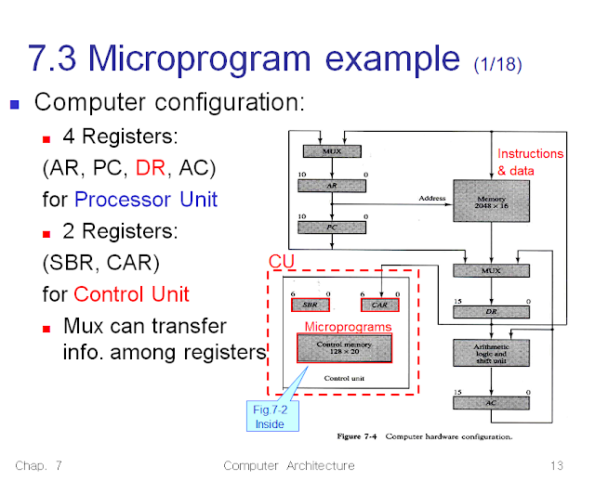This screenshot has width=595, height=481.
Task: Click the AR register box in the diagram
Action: [x=331, y=186]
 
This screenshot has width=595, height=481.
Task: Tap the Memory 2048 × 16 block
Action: [x=490, y=204]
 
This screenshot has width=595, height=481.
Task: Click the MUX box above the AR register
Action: [x=331, y=150]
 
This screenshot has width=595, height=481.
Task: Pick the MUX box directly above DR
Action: [x=490, y=271]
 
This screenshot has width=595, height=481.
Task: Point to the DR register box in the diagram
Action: [x=490, y=312]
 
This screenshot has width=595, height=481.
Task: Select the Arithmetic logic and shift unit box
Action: [x=490, y=355]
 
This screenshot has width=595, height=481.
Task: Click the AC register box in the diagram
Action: [x=490, y=404]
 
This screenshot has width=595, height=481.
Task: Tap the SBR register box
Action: [x=310, y=305]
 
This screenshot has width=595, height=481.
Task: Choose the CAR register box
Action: [x=378, y=305]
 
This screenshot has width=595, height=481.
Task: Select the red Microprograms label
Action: [x=349, y=327]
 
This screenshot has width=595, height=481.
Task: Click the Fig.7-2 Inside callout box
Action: [x=270, y=417]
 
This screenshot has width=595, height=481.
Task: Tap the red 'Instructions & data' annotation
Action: [x=530, y=162]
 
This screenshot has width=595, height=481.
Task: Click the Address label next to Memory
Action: [x=432, y=198]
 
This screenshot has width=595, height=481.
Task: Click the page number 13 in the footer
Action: [x=557, y=465]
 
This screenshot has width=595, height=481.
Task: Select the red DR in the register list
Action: [x=152, y=168]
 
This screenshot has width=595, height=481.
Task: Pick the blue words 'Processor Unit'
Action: [x=146, y=199]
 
